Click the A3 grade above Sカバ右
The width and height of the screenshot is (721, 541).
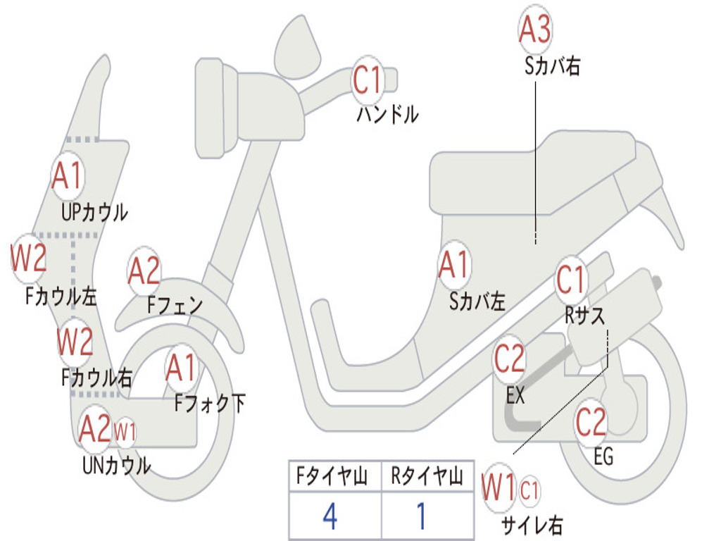click(534, 30)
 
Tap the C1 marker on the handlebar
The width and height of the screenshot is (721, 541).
click(367, 80)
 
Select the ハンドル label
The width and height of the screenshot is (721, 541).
click(387, 114)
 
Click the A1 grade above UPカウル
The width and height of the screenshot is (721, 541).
click(68, 176)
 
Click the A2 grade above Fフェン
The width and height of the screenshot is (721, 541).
click(144, 271)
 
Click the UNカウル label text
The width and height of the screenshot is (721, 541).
click(116, 465)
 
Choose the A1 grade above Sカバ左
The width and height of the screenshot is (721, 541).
click(453, 266)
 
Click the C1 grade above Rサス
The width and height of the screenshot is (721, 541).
click(571, 280)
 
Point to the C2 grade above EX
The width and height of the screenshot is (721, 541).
click(509, 361)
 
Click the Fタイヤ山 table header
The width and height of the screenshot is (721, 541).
click(334, 477)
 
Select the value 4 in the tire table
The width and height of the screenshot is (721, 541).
click(330, 517)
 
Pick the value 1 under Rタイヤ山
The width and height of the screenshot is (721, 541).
click(421, 517)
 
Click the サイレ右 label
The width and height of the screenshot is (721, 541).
click(532, 525)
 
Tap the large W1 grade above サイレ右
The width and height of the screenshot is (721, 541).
click(499, 488)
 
